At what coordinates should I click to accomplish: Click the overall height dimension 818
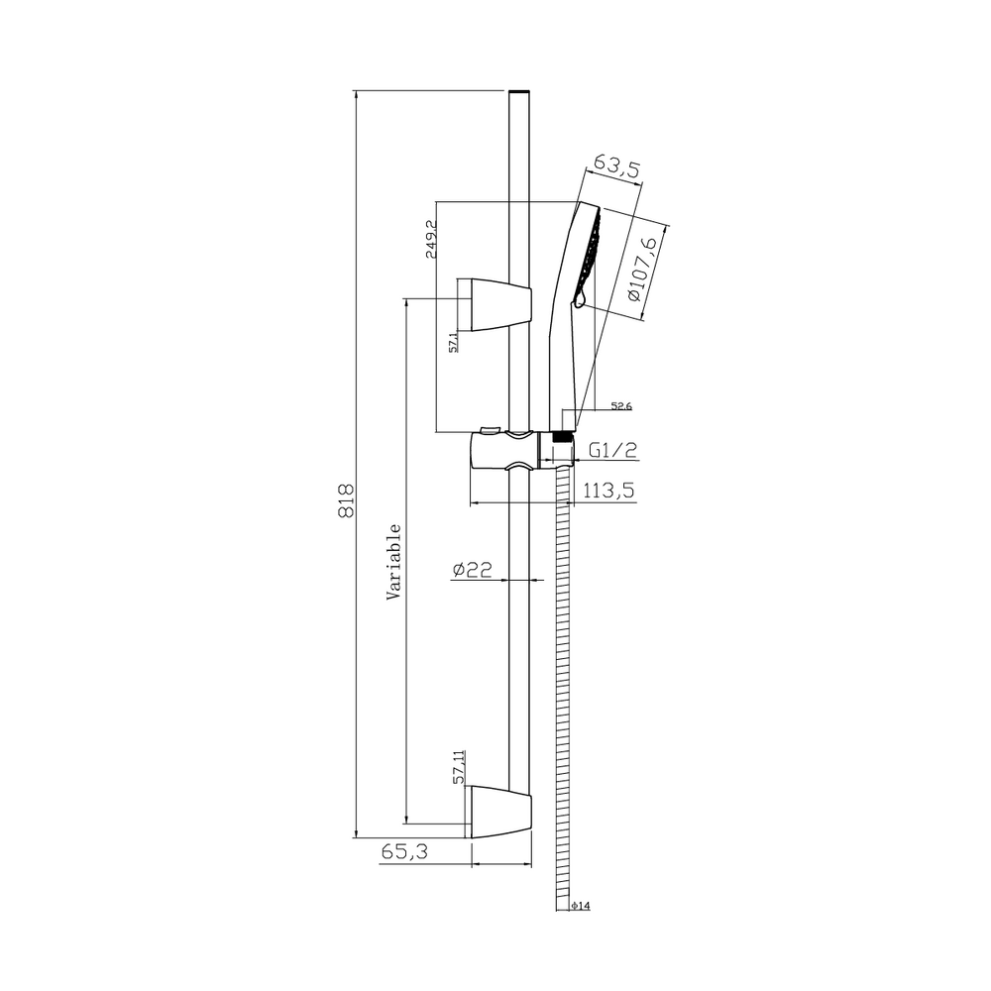click(346, 501)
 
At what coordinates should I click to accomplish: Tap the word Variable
click(393, 562)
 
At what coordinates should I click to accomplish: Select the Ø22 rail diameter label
click(472, 570)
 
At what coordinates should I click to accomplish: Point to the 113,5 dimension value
click(608, 490)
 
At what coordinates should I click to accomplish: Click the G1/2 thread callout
click(613, 450)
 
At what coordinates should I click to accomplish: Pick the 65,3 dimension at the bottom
click(404, 852)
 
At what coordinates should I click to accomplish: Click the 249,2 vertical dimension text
click(432, 239)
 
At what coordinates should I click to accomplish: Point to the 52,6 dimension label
click(621, 406)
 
